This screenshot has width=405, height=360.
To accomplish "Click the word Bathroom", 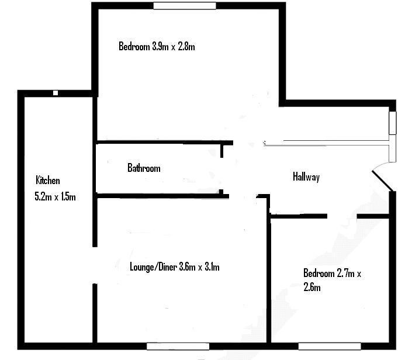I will click(x=144, y=168).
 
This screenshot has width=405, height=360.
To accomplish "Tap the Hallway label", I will click(x=306, y=177).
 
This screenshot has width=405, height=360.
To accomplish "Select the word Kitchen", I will click(x=48, y=180).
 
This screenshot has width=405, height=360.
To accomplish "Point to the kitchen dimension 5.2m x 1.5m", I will click(x=56, y=197).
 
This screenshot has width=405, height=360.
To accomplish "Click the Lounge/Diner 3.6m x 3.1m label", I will click(x=174, y=267).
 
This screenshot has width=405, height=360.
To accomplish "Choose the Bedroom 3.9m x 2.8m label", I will click(x=157, y=46).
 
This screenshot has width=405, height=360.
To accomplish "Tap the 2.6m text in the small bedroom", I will click(x=311, y=287).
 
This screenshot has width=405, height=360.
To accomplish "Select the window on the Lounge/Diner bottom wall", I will click(x=178, y=345).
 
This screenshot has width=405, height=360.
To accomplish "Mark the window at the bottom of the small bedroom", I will click(x=330, y=345).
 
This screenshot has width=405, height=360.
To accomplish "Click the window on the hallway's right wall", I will click(x=393, y=123).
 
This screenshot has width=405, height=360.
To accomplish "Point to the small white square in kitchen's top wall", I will click(x=56, y=93).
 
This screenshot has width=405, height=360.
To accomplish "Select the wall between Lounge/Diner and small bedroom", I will click(x=269, y=281).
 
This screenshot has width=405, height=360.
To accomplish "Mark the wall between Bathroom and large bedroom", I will click(x=158, y=142).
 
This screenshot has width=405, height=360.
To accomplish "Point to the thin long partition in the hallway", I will click(x=327, y=141).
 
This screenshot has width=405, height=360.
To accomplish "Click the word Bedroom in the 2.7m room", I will click(x=319, y=273).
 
